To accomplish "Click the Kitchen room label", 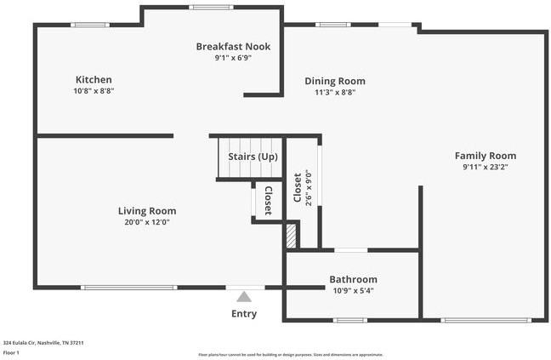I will coord(94,79).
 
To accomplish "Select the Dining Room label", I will coord(335,81).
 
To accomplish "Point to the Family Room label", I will coord(485,156).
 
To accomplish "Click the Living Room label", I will coord(147,211).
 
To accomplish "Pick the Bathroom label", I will coord(353,279).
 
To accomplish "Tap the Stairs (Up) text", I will coord(253,157).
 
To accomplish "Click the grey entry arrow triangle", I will coord(244,297).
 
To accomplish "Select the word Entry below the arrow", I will coord(244,314).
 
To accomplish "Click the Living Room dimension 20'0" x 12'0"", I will coord(147,222).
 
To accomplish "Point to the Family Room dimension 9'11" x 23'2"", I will coord(485,168).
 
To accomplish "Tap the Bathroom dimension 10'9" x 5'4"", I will coord(353,290).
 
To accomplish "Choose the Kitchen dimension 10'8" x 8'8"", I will coord(94,90).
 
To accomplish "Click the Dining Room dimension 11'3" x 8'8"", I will coord(335,92).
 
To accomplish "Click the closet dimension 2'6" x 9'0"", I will coord(309,190).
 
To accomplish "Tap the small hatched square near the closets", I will coord(291,236).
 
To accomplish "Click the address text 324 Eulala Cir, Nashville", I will coord(43,343).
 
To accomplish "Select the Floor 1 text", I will coord(11,352).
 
